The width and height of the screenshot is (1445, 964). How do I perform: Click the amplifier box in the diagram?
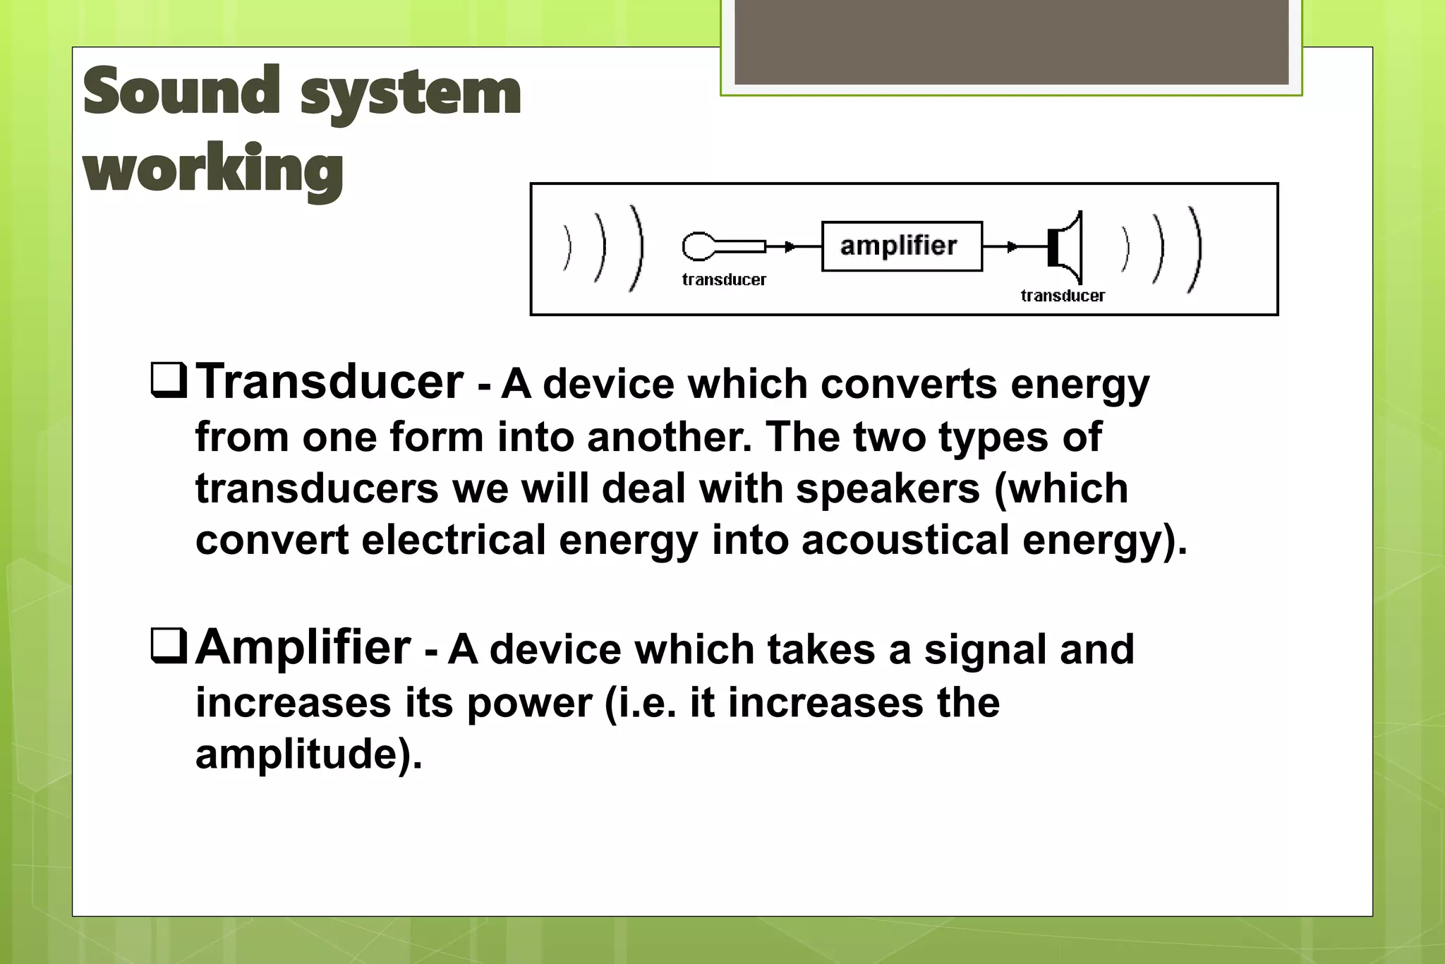point(902,246)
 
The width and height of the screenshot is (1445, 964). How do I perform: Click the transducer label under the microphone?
point(724,280)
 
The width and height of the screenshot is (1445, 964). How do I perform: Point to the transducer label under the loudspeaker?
point(1063,296)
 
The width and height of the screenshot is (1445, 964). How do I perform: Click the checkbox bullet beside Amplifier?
point(169,646)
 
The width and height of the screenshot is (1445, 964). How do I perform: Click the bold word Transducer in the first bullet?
point(329,382)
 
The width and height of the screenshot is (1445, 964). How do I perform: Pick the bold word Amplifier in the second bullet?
point(303,646)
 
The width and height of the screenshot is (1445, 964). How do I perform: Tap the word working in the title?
point(213,169)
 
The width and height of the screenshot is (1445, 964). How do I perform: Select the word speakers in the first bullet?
point(888,488)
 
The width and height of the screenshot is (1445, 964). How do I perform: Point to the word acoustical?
point(905,540)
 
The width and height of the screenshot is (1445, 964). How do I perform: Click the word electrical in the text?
point(454,540)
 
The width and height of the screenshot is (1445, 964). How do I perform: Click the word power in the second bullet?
point(529,703)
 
